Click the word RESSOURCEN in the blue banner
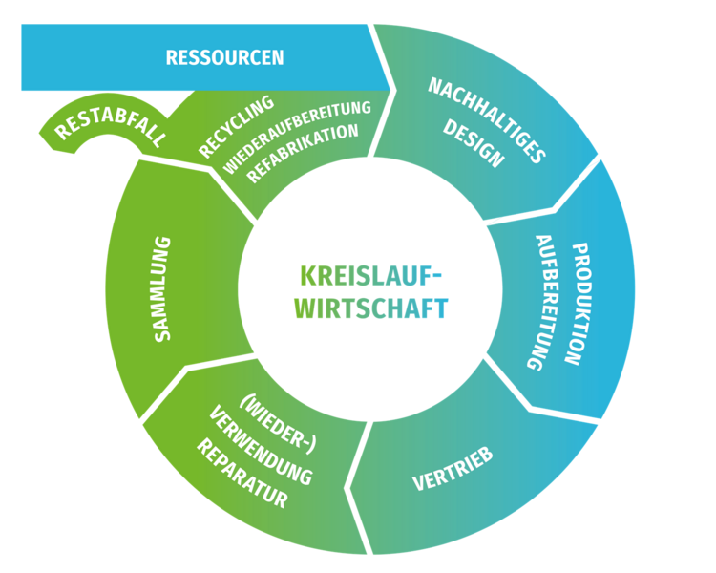[224, 57]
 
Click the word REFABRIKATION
[303, 153]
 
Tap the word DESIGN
[474, 144]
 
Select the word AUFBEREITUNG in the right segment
[543, 302]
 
